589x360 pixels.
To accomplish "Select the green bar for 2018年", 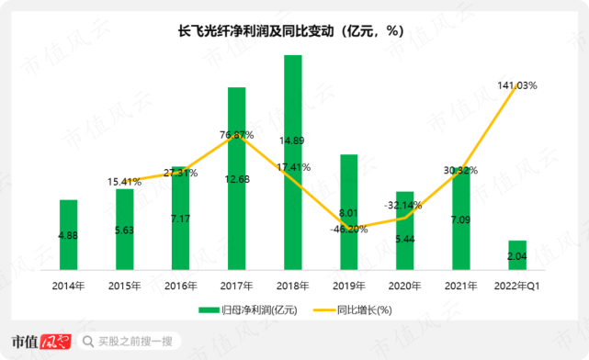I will pyautogui.click(x=292, y=165).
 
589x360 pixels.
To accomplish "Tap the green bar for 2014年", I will pyautogui.click(x=69, y=237).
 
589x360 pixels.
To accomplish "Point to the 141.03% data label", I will pyautogui.click(x=517, y=84).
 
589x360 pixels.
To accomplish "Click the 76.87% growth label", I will pyautogui.click(x=236, y=135).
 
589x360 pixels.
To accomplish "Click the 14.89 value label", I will pyautogui.click(x=293, y=141).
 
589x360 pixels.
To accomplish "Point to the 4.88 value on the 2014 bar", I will pyautogui.click(x=69, y=236).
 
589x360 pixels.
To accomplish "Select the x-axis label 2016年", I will pyautogui.click(x=180, y=286).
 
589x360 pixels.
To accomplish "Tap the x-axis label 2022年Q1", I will pyautogui.click(x=515, y=286).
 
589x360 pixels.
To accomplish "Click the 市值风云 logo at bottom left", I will pyautogui.click(x=40, y=341).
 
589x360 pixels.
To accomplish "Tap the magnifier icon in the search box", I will pyautogui.click(x=88, y=342).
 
